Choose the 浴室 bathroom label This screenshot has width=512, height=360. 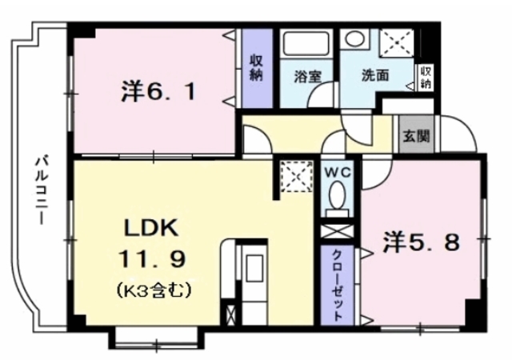307,77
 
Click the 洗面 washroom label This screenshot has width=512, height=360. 374,77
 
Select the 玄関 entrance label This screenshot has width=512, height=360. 414,135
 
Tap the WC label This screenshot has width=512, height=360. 338,171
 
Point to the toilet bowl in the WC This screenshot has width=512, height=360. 338,196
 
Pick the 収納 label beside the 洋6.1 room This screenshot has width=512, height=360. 256,67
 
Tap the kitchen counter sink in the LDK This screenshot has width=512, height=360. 257,268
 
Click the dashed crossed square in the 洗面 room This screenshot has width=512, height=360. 397,42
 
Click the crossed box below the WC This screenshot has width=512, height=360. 338,232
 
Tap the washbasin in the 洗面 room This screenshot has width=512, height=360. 353,40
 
